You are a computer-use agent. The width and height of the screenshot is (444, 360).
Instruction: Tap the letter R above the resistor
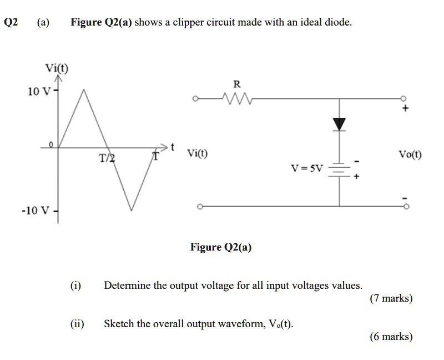(236, 84)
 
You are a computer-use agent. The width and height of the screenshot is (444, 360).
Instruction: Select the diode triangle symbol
(340, 123)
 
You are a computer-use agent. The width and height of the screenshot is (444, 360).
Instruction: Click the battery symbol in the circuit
(340, 171)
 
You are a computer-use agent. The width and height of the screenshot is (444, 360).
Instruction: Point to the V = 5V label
(307, 167)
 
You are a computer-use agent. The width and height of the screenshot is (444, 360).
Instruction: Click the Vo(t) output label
(410, 154)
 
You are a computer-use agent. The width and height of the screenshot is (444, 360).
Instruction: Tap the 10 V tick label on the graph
(39, 91)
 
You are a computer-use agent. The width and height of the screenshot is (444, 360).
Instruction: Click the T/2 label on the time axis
(107, 159)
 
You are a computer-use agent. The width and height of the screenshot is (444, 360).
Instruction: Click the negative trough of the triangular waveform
(132, 210)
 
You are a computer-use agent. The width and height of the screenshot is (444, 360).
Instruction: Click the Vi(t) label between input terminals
(198, 153)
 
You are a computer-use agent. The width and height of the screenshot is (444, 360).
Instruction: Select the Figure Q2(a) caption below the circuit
(221, 247)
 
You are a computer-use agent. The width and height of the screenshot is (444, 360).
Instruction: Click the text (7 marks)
(391, 298)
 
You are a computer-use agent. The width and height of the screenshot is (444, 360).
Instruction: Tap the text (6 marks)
(391, 336)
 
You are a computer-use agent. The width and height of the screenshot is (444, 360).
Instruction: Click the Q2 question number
(11, 23)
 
